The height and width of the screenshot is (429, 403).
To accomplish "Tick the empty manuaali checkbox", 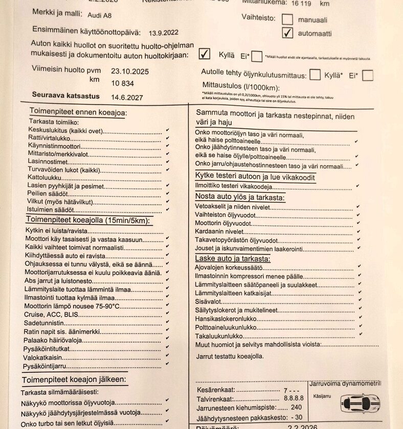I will coord(287,19).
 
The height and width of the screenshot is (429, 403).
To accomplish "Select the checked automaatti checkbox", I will coord(288,33).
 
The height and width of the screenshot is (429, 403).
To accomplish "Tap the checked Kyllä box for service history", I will coord(205,54).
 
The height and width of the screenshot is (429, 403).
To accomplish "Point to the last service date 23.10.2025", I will coord(130,71).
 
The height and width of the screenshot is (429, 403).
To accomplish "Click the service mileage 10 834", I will coord(122,83).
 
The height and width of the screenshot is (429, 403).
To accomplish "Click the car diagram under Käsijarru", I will coord(361,403).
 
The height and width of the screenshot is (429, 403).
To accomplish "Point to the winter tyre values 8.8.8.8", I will coord(292,398).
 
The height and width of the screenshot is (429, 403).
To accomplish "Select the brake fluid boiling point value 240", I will coord(296,408).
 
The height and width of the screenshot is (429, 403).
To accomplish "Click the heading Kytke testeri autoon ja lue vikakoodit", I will coord(255,177).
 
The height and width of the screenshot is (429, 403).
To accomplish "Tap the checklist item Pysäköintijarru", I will coord(46,366).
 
